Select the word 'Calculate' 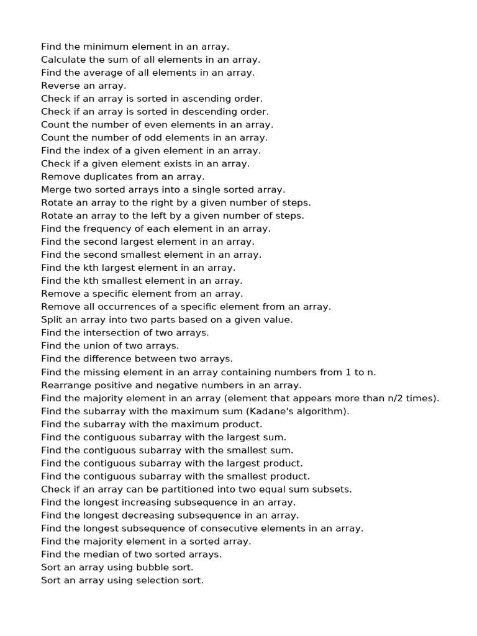click(62, 60)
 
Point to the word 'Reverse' click(60, 86)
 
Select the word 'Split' click(52, 320)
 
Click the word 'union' click(95, 346)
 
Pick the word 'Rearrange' click(66, 385)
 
